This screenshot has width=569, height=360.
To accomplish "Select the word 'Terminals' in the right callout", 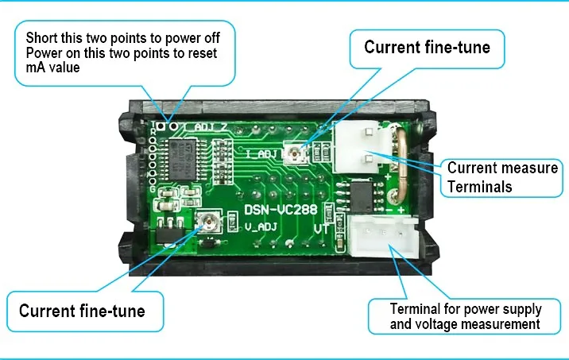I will point(480,187).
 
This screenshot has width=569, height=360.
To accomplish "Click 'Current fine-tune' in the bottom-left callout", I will point(82,311).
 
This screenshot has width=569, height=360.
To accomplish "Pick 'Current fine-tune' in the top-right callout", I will point(427,47).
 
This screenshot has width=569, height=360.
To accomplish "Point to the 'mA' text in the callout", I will point(36,68).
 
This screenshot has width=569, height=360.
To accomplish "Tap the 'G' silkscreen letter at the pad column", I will point(153,189).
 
